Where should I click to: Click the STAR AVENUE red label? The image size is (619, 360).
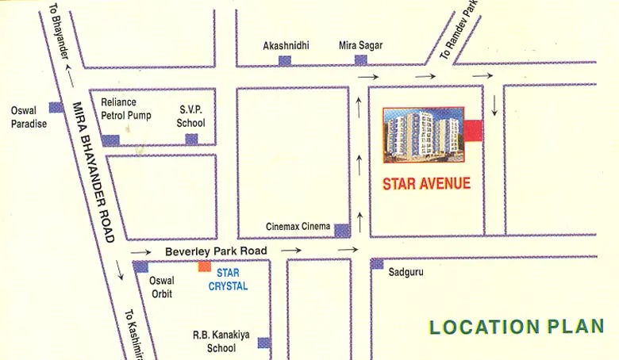click(426, 184)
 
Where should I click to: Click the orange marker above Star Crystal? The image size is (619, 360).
click(205, 266)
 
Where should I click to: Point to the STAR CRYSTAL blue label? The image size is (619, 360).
click(228, 279)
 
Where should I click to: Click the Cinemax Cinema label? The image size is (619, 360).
click(298, 227)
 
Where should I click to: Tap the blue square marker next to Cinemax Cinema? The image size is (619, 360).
click(341, 231)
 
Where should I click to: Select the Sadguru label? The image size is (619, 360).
click(406, 272)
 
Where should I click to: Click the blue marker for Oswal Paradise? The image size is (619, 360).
click(56, 107)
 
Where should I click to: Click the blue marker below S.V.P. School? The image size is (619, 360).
click(191, 140)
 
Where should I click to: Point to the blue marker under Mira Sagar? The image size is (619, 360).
click(360, 60)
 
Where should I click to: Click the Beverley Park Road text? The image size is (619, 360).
click(217, 251)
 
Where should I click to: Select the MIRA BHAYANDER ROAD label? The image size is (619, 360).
click(94, 171)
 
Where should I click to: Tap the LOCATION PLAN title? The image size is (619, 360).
click(516, 327)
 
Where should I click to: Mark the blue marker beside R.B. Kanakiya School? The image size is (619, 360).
click(263, 343)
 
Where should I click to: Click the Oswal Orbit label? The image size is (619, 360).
click(162, 285)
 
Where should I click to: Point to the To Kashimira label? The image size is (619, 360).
click(136, 331)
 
